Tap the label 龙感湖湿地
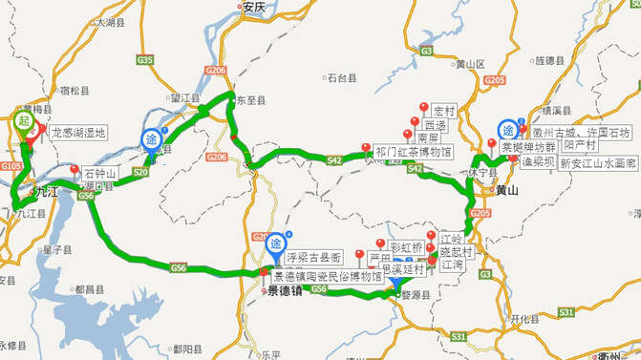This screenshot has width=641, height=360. tap(78, 135)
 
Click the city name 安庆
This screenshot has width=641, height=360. tap(252, 6)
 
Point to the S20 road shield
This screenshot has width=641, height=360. tap(140, 172)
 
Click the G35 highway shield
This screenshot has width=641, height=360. tap(145, 60)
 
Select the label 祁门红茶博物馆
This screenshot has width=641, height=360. tap(413, 150)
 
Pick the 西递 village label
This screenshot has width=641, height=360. tap(435, 125)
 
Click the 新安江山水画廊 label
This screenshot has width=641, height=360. tap(597, 164)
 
